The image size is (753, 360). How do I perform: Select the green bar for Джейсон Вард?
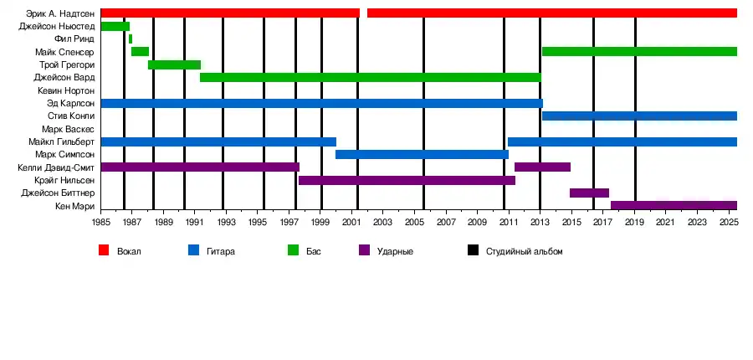pos(370,78)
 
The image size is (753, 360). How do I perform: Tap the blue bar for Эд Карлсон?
pos(321,104)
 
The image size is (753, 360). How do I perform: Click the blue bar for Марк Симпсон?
pos(422,155)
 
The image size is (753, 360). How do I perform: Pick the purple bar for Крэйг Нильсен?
pos(407,180)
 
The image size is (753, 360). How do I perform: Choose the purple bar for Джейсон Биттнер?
pos(589,193)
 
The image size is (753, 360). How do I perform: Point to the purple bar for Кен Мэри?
pos(674,206)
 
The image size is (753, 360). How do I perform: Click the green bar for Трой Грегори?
pos(174,65)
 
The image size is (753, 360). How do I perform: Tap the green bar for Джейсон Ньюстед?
pos(115,27)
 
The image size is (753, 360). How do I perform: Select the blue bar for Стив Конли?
pos(639,116)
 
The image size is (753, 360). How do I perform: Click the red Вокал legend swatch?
pos(104,250)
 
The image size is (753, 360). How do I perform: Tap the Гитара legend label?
pos(222,251)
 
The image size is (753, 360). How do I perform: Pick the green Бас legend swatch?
pos(293,250)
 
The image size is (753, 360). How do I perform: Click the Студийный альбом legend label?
pos(525,251)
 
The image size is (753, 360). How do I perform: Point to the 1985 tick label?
pos(101,223)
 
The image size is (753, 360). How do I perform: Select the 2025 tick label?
pos(727,223)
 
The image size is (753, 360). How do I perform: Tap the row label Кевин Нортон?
pos(66,90)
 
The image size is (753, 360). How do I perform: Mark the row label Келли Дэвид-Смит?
pos(56,167)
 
